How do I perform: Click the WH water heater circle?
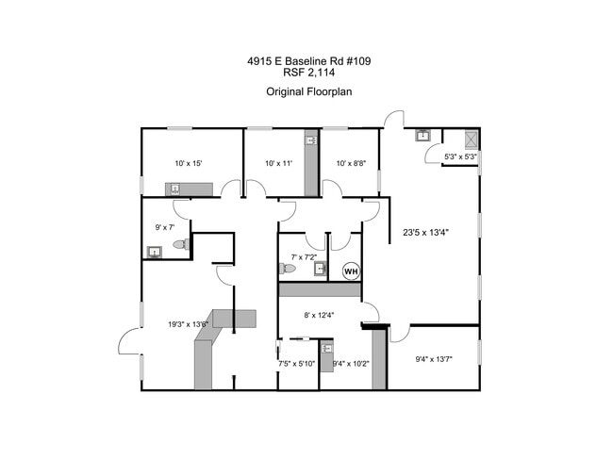tap(351, 271)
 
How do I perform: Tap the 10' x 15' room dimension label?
tap(189, 163)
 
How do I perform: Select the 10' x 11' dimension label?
tap(279, 163)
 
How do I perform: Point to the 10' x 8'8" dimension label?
tap(351, 163)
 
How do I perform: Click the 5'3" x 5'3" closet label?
tap(460, 156)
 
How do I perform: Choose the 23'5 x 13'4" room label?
tap(425, 233)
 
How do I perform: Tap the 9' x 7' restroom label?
tap(165, 227)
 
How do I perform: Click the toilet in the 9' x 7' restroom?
tap(181, 244)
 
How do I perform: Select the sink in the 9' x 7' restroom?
tap(155, 253)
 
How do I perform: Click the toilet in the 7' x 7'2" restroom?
tap(288, 269)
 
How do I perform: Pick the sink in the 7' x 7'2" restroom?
tap(321, 269)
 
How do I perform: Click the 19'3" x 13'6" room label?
tap(189, 324)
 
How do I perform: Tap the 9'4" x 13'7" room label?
tap(434, 359)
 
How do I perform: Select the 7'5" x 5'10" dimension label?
tap(296, 364)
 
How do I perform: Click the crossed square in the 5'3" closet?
tap(472, 140)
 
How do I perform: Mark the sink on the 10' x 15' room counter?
tap(175, 189)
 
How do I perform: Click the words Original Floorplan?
tap(308, 91)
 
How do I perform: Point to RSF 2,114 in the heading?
tap(308, 73)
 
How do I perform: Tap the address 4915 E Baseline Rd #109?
tap(308, 61)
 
